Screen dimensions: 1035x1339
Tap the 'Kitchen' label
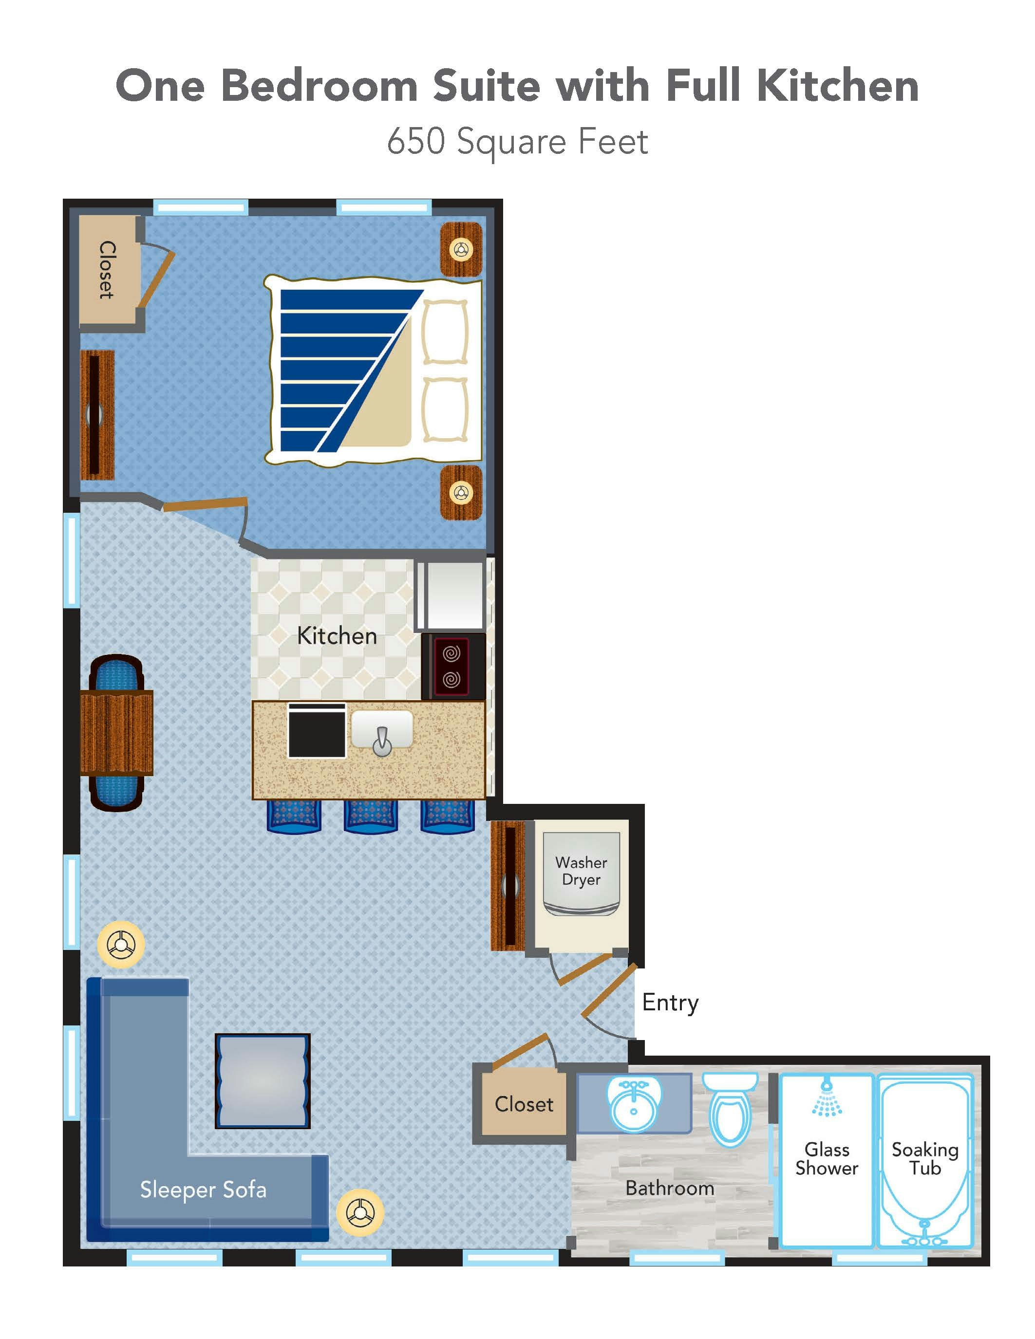(x=337, y=636)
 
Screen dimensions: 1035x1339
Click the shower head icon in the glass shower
(x=827, y=1096)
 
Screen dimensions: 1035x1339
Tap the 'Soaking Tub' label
(x=924, y=1159)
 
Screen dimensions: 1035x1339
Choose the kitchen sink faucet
(x=382, y=741)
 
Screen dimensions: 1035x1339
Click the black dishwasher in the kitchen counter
(x=317, y=730)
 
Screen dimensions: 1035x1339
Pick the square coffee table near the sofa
(x=263, y=1081)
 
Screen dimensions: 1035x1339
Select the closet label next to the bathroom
(x=524, y=1104)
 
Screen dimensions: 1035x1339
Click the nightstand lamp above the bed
(x=461, y=249)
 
